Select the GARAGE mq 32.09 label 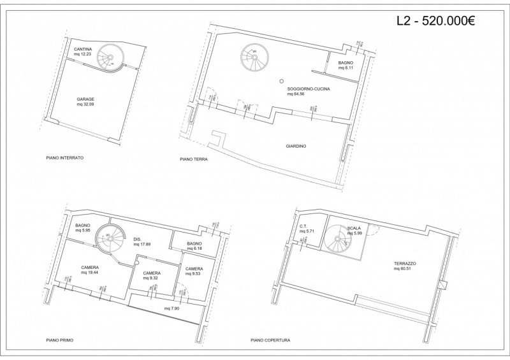point(85,102)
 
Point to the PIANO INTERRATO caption point(65,157)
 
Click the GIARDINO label point(296,146)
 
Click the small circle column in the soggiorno point(281,80)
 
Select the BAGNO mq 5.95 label point(84,228)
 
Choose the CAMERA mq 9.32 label point(151,275)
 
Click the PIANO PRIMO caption point(60,340)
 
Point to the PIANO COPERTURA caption point(270,340)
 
